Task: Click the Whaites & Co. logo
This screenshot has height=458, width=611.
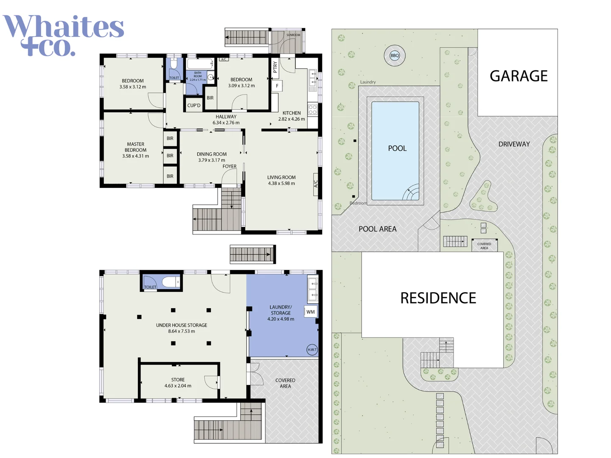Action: pyautogui.click(x=64, y=35)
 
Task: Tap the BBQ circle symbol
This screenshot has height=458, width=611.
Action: pyautogui.click(x=395, y=56)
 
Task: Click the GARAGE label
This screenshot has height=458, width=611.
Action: pyautogui.click(x=519, y=76)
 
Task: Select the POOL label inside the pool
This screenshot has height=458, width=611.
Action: pyautogui.click(x=397, y=148)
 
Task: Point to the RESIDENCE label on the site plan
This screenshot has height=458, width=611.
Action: pyautogui.click(x=438, y=298)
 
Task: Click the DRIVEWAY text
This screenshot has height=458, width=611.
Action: pyautogui.click(x=514, y=144)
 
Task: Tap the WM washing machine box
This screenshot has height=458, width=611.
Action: pyautogui.click(x=311, y=312)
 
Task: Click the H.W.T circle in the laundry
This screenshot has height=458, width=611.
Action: pyautogui.click(x=312, y=349)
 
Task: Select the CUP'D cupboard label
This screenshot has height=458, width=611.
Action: pyautogui.click(x=194, y=106)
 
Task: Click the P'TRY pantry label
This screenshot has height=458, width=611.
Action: pyautogui.click(x=275, y=67)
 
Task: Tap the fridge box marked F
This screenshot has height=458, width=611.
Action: pyautogui.click(x=277, y=86)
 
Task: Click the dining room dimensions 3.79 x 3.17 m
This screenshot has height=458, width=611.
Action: pyautogui.click(x=212, y=160)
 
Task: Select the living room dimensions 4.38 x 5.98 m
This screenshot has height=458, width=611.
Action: pyautogui.click(x=281, y=184)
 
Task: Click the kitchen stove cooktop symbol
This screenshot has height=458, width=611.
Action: pyautogui.click(x=313, y=110)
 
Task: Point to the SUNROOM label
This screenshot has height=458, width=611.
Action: pyautogui.click(x=293, y=35)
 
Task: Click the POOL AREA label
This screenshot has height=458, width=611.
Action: pyautogui.click(x=377, y=229)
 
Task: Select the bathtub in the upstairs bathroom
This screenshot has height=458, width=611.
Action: pyautogui.click(x=200, y=64)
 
